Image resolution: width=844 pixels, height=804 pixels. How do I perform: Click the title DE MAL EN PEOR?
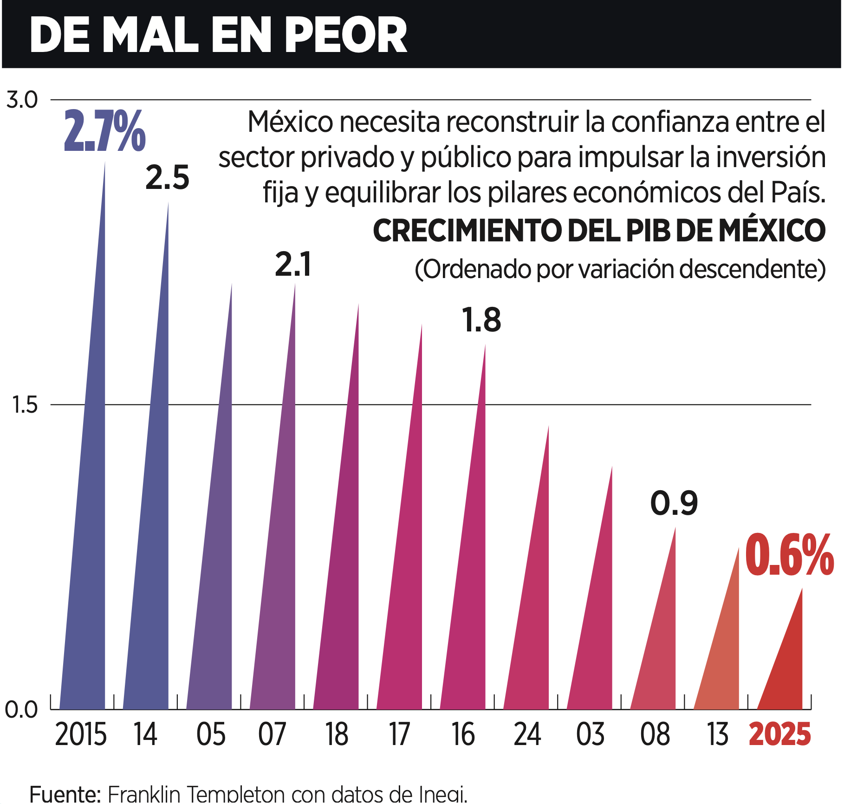click(218, 35)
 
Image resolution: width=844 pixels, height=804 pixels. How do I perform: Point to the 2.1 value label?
click(293, 265)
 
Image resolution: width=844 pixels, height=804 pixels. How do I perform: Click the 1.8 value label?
click(481, 320)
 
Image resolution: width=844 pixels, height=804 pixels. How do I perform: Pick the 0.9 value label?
click(674, 503)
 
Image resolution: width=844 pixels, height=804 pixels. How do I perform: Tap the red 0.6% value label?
click(789, 555)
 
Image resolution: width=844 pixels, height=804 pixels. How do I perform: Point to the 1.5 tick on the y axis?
click(25, 405)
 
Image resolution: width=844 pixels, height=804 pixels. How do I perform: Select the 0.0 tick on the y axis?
click(21, 710)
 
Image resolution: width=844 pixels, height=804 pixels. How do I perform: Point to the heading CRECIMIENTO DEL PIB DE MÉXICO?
click(599, 231)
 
